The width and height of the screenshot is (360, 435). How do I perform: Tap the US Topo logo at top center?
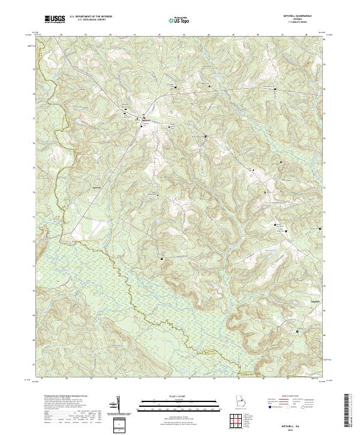click(178, 20)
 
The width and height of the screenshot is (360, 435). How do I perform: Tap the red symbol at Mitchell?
click(143, 116)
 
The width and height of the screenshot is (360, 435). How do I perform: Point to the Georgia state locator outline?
click(241, 402)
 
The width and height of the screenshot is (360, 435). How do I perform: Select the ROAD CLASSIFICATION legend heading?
click(297, 397)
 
